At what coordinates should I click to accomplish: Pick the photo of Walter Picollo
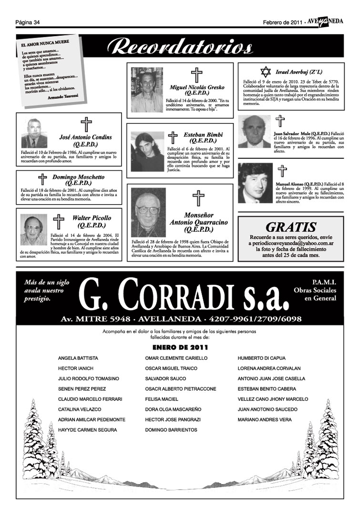(33, 229)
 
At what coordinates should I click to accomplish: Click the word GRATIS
(291, 227)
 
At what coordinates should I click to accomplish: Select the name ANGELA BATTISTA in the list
(78, 358)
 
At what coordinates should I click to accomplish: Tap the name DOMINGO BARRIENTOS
(171, 430)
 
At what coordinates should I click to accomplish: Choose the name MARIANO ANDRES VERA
(265, 420)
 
